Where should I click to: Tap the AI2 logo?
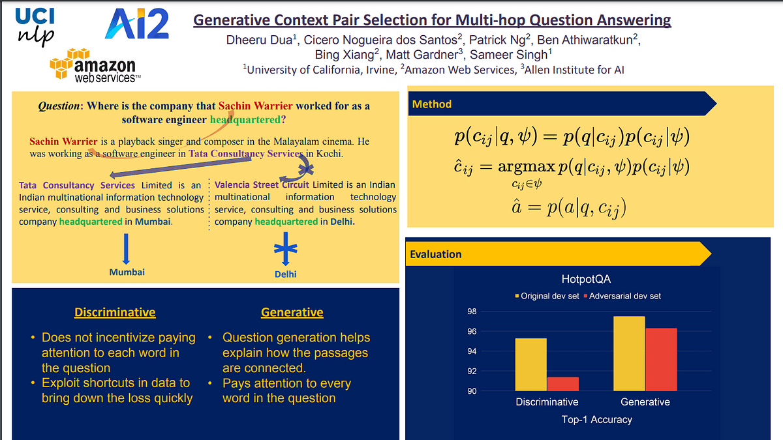click(x=137, y=25)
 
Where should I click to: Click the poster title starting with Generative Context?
click(x=432, y=20)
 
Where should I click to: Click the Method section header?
click(x=432, y=104)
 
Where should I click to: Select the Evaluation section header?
click(x=436, y=254)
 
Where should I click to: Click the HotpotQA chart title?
click(x=586, y=279)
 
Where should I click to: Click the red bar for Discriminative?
click(x=563, y=384)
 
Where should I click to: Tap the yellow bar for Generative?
click(x=629, y=353)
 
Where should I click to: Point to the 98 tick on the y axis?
click(x=472, y=312)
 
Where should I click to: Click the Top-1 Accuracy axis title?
click(x=596, y=419)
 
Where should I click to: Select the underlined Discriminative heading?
click(x=115, y=312)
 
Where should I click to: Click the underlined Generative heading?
click(x=292, y=312)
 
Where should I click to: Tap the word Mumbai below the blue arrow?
click(x=127, y=272)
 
